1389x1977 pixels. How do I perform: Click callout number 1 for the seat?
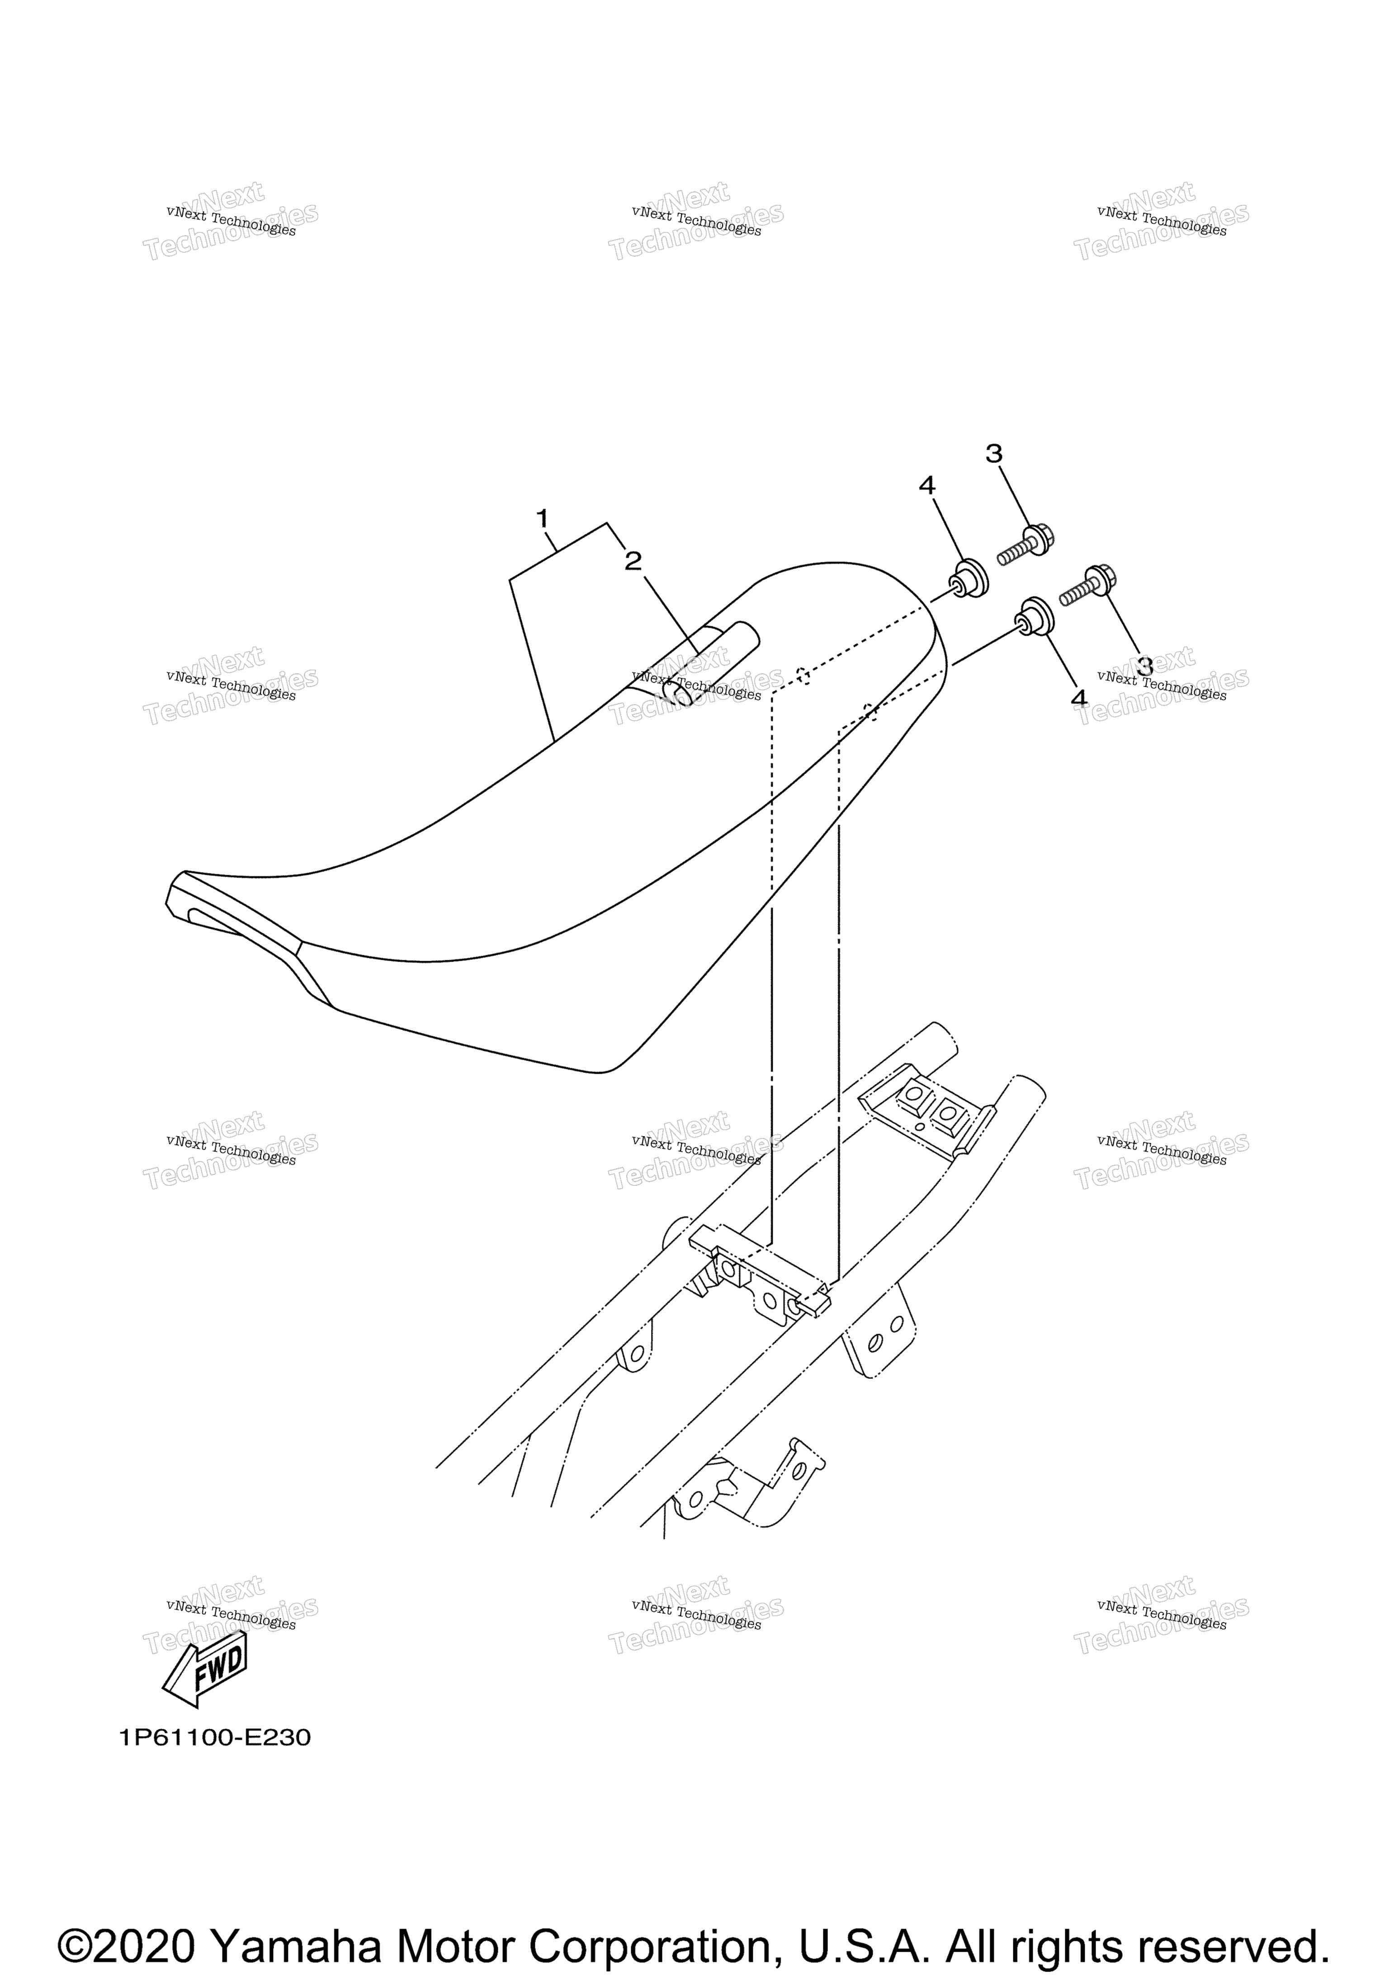pos(542,519)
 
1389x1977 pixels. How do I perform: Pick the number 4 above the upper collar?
pos(926,486)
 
